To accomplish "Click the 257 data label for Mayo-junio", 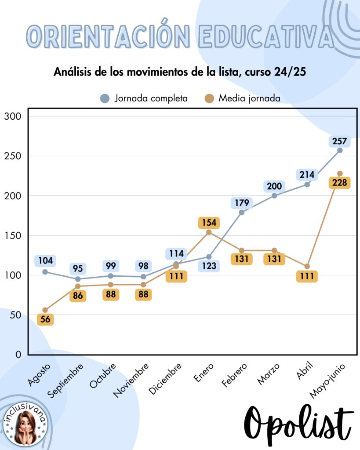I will (x=340, y=141).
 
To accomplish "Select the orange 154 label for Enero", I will (x=209, y=223).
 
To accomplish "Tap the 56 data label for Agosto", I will (x=45, y=320).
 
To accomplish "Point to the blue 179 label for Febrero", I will (x=242, y=203).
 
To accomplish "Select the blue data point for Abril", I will (x=307, y=184).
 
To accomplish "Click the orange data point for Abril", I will (x=307, y=267).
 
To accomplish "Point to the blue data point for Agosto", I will (x=45, y=272).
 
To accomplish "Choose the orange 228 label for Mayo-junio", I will (x=340, y=183).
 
